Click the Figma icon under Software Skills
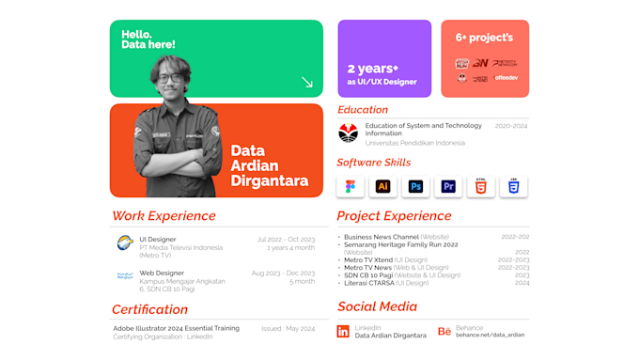[351, 186]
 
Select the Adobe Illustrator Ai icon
[382, 186]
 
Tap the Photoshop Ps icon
[415, 186]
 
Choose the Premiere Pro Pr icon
[448, 186]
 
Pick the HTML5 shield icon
[481, 186]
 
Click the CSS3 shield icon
[513, 186]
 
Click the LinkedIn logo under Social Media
[343, 332]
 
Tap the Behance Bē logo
[444, 332]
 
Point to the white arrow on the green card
[306, 83]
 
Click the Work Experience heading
[164, 215]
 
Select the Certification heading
[149, 309]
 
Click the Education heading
[363, 110]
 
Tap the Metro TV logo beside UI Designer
[125, 243]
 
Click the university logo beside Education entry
[349, 133]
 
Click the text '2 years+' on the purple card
[373, 69]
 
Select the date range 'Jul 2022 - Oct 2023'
[285, 240]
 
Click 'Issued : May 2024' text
[288, 328]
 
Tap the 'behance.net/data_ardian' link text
[491, 336]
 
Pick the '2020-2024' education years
[511, 125]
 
